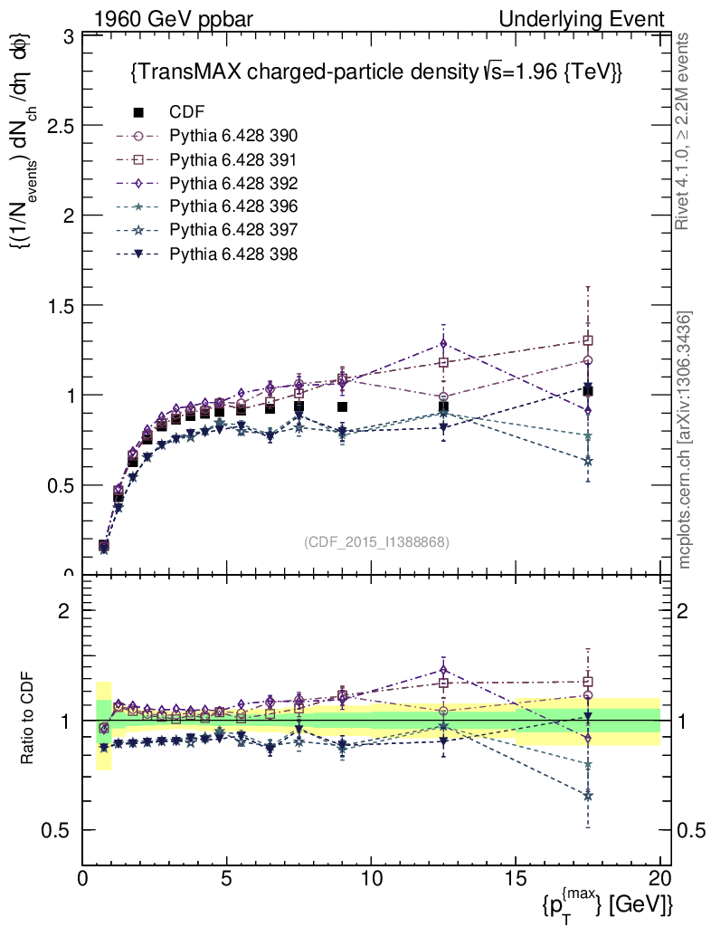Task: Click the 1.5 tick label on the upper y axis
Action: [x=61, y=305]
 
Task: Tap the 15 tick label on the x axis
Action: [x=516, y=879]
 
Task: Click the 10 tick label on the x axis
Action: [x=372, y=879]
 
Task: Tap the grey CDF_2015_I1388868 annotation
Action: [x=377, y=541]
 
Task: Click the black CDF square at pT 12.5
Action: [x=443, y=407]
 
